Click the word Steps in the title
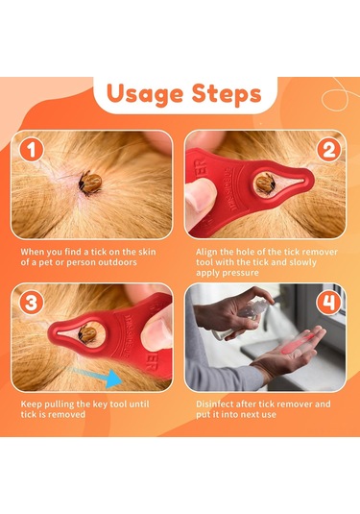point(223,94)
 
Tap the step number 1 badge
point(33,152)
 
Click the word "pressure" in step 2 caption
point(240,273)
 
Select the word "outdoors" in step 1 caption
point(141,261)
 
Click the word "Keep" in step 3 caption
point(32,403)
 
